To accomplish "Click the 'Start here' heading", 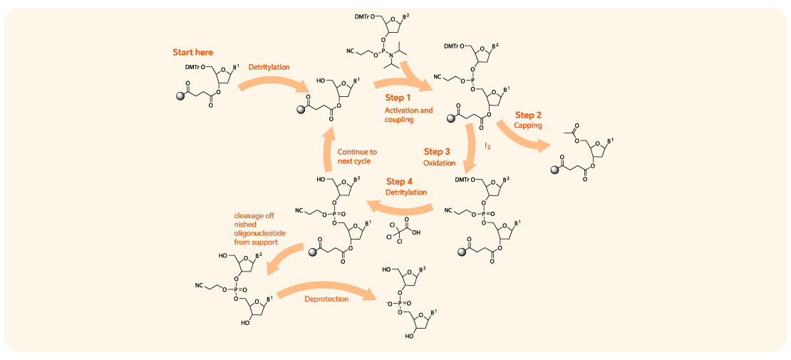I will point(192,52).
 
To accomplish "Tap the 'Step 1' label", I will point(398,97).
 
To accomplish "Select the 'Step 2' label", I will point(528,115).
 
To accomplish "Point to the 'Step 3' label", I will point(437,152).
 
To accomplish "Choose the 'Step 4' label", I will point(400,181).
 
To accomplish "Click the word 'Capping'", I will point(528,125).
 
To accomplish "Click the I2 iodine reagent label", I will point(488,145).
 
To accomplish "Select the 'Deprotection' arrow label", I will point(326,299).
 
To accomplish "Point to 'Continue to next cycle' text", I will point(357,156).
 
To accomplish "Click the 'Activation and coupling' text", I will point(408,115).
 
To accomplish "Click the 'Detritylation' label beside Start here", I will point(269,67).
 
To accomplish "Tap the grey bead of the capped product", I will point(554,170).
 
